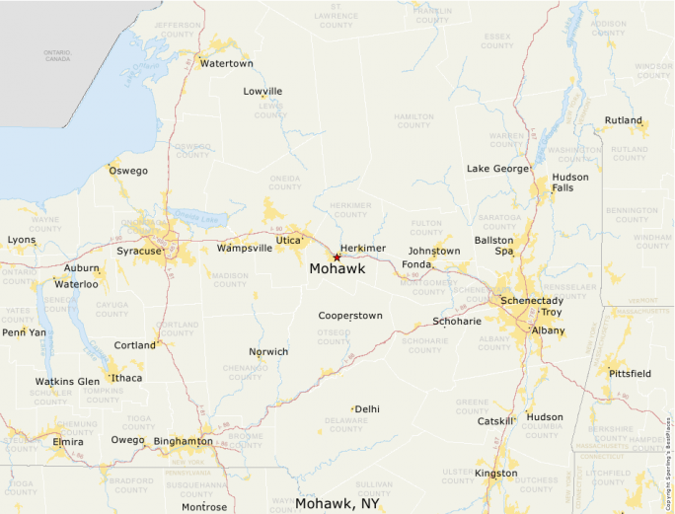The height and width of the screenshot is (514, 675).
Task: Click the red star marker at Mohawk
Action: (x=337, y=257)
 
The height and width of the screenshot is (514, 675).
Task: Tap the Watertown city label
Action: (x=226, y=64)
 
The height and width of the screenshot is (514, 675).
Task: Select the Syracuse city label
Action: (x=138, y=252)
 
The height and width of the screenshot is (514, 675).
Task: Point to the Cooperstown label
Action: (x=349, y=316)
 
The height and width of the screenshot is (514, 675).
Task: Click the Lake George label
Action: (x=497, y=169)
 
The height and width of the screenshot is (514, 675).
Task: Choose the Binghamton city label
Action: (x=183, y=441)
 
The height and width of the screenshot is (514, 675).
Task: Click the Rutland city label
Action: (x=623, y=121)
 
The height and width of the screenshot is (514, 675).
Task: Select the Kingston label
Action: (x=495, y=474)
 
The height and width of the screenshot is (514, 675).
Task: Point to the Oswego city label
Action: (x=128, y=171)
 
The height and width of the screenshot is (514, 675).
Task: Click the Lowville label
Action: (x=262, y=92)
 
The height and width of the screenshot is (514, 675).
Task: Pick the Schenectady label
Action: (x=532, y=300)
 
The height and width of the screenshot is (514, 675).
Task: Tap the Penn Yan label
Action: (x=24, y=332)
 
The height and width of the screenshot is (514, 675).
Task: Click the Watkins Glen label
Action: (x=67, y=381)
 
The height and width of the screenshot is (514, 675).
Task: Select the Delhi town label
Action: (x=367, y=408)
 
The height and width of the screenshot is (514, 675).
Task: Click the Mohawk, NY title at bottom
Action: (x=337, y=503)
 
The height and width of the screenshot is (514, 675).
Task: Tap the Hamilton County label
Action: (x=413, y=121)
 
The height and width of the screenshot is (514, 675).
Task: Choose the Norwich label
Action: (x=268, y=352)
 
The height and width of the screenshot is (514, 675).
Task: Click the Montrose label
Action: (x=204, y=507)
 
